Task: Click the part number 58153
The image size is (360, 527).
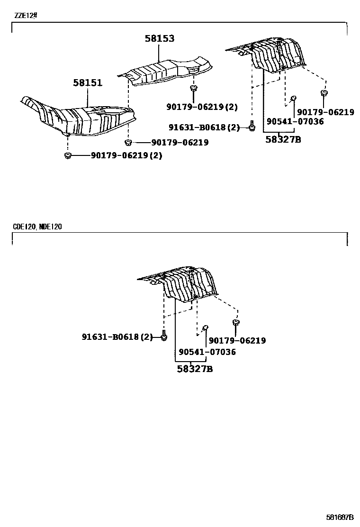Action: (x=160, y=39)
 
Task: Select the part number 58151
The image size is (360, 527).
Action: (x=88, y=83)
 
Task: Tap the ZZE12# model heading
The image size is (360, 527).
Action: (x=25, y=16)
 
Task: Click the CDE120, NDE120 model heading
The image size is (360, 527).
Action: (x=37, y=227)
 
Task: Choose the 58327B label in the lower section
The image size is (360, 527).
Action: (x=195, y=369)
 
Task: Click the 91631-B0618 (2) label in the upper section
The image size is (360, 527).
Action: (x=204, y=127)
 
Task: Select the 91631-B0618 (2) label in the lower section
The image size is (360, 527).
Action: (x=117, y=337)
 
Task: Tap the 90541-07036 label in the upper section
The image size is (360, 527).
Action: (x=295, y=121)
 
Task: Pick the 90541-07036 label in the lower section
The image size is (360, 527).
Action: (x=207, y=352)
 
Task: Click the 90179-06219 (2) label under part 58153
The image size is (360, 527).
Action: (x=202, y=107)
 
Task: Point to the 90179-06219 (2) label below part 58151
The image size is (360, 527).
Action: (x=126, y=155)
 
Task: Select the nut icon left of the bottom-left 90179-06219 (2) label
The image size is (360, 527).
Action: (x=68, y=155)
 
